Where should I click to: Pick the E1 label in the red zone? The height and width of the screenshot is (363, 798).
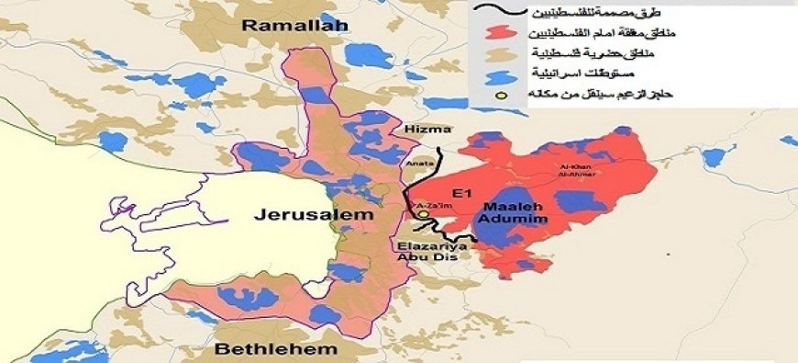(x=462, y=194)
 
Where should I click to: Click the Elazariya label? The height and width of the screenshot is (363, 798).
(x=433, y=245)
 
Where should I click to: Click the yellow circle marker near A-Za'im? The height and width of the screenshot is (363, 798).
(x=424, y=217)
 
